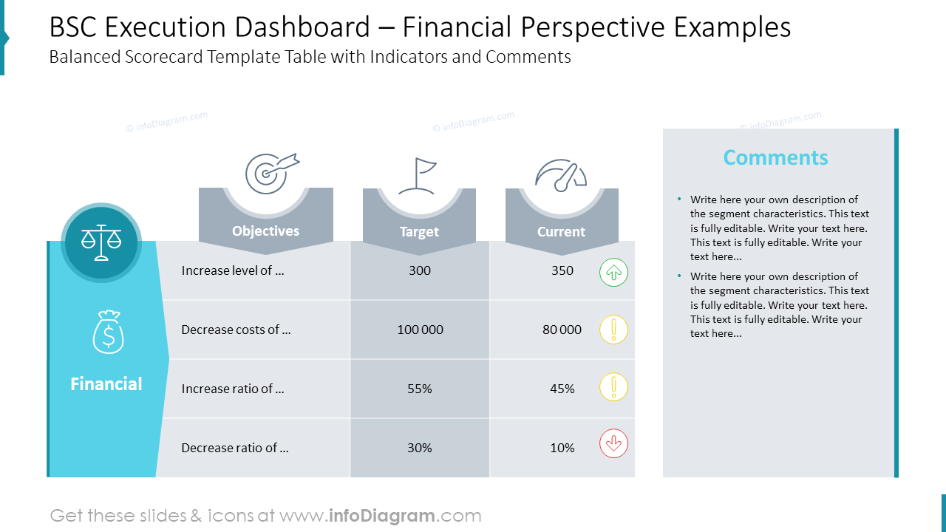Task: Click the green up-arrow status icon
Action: point(613,272)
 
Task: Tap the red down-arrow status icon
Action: point(613,444)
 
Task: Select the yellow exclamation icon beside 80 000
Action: point(613,330)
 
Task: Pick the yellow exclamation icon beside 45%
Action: point(613,387)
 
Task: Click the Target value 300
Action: point(419,270)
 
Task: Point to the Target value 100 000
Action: point(420,330)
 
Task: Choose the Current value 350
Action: point(562,270)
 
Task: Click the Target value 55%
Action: point(419,389)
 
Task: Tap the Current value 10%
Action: point(562,448)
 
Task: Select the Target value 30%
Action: point(419,448)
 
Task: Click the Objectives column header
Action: point(265,231)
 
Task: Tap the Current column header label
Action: point(561,232)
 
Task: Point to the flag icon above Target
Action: point(418,176)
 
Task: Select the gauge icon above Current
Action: point(561,175)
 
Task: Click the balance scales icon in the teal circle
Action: point(101,242)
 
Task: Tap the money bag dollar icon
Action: point(108,332)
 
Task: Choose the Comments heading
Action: point(775,157)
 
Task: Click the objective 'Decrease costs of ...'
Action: point(236,330)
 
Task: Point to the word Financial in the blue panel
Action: point(106,384)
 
